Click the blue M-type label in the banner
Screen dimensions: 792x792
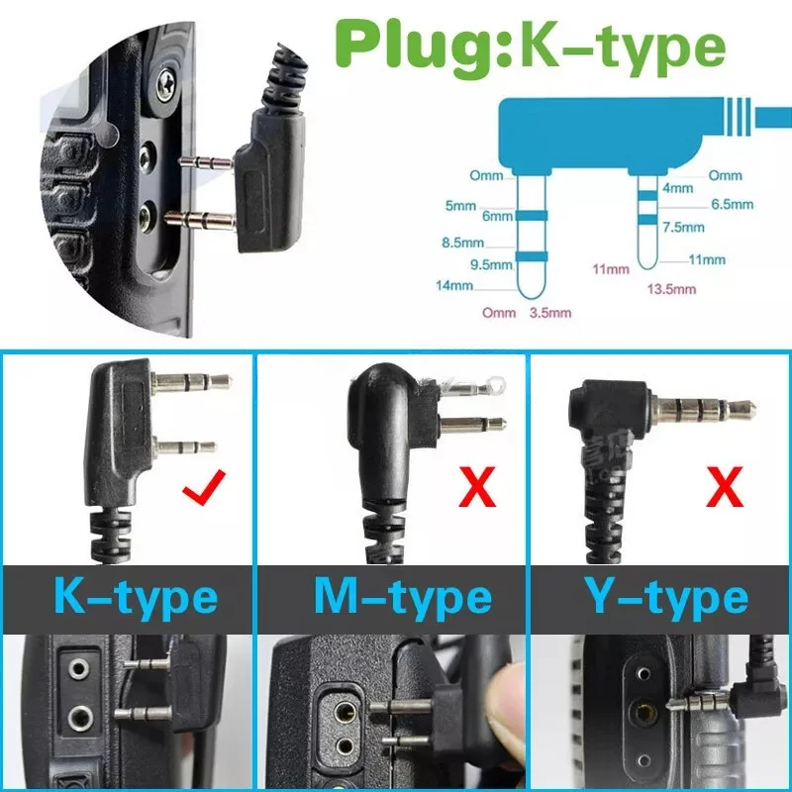pyautogui.click(x=402, y=597)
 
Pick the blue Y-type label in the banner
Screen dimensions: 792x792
pyautogui.click(x=665, y=597)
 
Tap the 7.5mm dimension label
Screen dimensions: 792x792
pyautogui.click(x=682, y=227)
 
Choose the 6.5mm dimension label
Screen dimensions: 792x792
pyautogui.click(x=732, y=205)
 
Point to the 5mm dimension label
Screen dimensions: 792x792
pyautogui.click(x=460, y=206)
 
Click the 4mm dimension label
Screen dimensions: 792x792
pyautogui.click(x=677, y=187)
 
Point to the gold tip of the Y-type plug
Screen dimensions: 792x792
pyautogui.click(x=747, y=406)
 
